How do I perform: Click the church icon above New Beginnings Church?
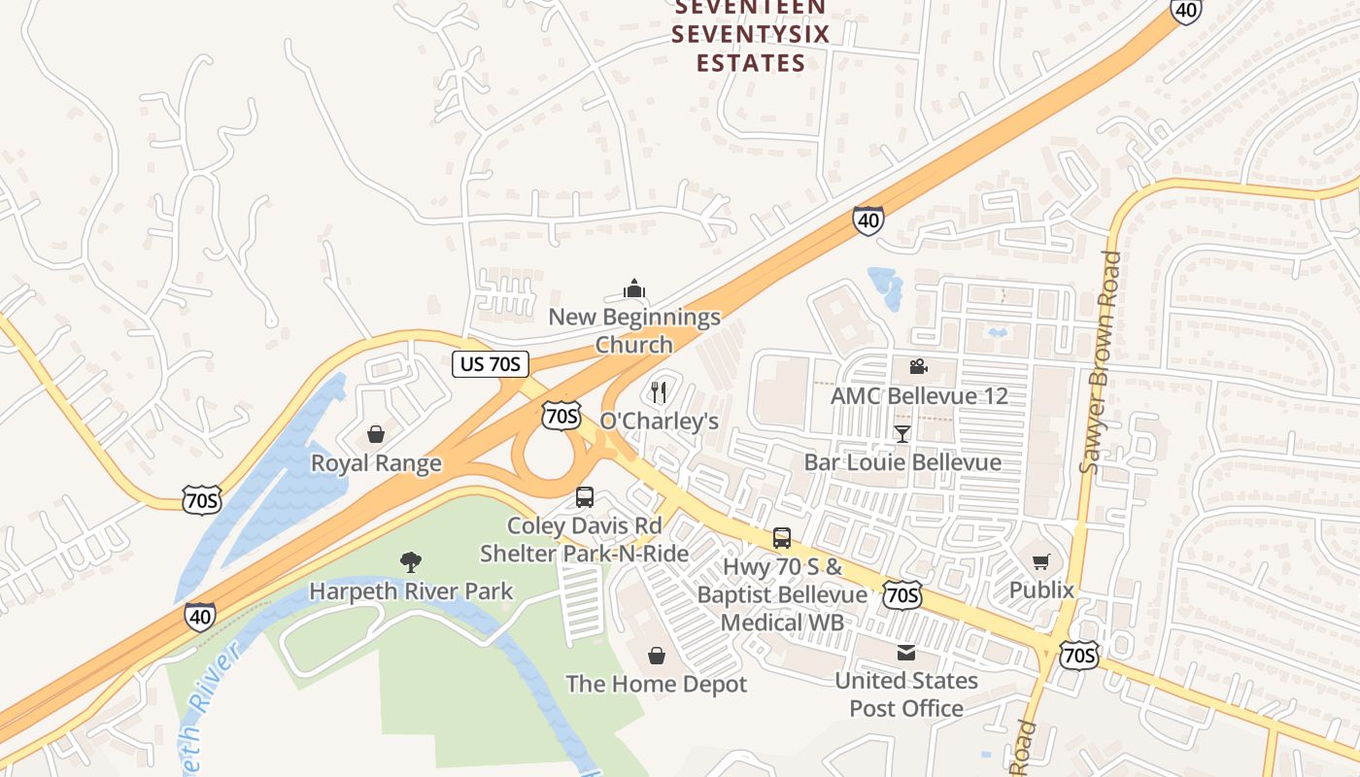(x=634, y=288)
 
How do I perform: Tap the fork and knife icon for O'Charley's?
(x=659, y=392)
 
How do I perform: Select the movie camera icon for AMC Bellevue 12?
(x=918, y=366)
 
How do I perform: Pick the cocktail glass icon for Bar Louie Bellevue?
(x=902, y=433)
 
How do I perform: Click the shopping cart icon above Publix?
(x=1041, y=561)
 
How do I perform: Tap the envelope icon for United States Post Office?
(x=906, y=653)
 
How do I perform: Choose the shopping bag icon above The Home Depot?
(x=657, y=656)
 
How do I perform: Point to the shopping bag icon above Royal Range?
(x=376, y=434)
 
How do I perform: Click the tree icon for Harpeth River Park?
(x=411, y=561)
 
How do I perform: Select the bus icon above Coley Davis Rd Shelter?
(x=585, y=497)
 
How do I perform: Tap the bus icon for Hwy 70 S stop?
(x=782, y=538)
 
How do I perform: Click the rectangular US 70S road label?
(x=491, y=364)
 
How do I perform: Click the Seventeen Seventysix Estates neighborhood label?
(x=751, y=36)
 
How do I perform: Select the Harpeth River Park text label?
(x=411, y=591)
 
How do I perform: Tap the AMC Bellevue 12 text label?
(x=918, y=396)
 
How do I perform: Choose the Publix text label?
(x=1041, y=590)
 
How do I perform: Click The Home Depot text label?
(x=657, y=684)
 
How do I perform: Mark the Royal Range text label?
(x=376, y=463)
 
